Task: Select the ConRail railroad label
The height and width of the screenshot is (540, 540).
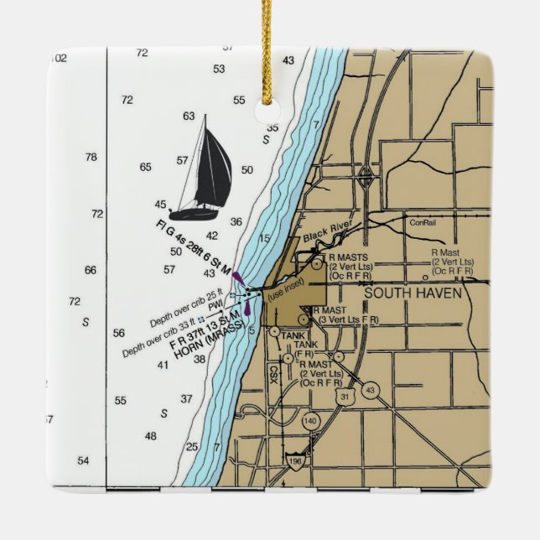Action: click(x=423, y=223)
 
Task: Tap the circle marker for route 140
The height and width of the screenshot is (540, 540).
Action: click(x=310, y=420)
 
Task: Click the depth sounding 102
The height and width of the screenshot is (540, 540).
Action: click(x=57, y=58)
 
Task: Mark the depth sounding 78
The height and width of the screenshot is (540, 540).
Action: click(x=91, y=157)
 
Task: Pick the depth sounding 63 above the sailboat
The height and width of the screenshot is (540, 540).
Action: click(x=189, y=117)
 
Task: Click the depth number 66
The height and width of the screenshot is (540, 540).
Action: click(x=91, y=270)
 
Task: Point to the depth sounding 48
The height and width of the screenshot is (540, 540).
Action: click(x=151, y=436)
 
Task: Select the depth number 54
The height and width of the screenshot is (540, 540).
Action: click(x=83, y=461)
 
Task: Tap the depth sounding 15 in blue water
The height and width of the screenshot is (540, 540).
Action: click(x=264, y=239)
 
